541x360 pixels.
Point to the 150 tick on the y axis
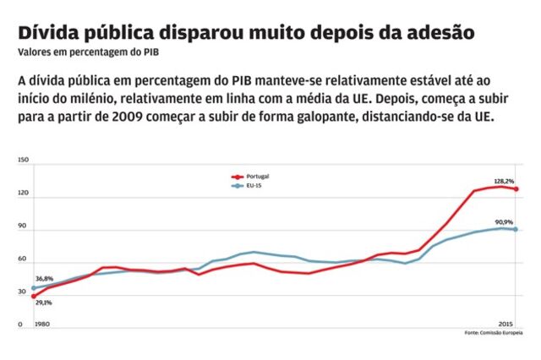[x=23, y=160]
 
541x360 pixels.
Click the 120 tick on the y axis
[x=23, y=194]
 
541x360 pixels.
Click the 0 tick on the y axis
[x=19, y=325]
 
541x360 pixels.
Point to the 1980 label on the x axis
[x=41, y=325]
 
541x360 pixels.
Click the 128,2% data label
[x=505, y=181]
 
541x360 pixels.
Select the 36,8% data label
[x=44, y=279]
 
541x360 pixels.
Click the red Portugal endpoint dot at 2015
[x=516, y=189]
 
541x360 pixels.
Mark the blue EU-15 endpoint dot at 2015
[x=516, y=229]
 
